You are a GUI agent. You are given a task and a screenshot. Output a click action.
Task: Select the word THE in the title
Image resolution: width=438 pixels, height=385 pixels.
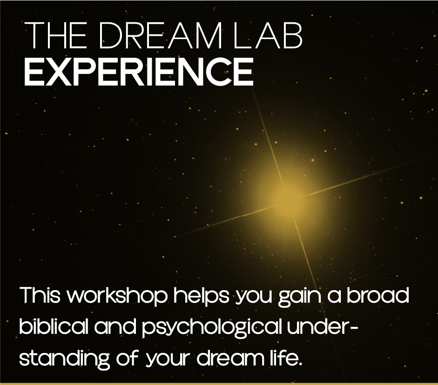click(56, 35)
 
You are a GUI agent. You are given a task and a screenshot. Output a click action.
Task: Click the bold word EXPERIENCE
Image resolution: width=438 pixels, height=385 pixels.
click(139, 72)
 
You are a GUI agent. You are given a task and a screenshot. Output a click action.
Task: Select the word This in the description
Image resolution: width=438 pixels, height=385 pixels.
click(40, 295)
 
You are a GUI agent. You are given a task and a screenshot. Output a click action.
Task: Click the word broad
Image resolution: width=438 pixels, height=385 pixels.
click(377, 295)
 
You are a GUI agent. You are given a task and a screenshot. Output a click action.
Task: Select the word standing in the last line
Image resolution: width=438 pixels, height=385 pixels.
click(64, 359)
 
